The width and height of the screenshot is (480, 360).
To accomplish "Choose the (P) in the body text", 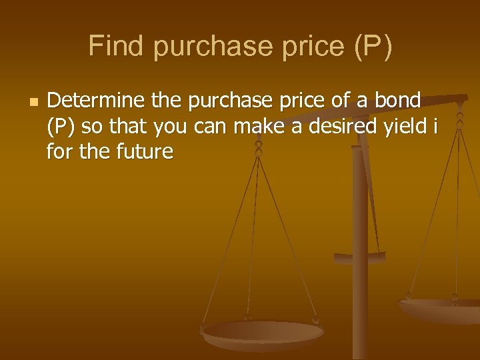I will click(x=61, y=127).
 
